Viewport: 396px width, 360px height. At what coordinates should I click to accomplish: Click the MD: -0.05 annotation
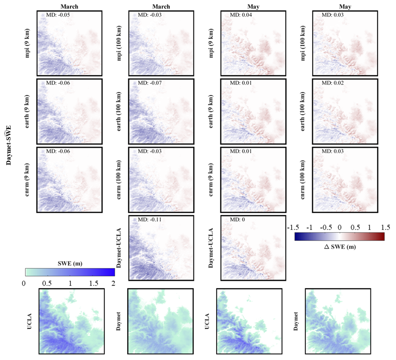[56, 16]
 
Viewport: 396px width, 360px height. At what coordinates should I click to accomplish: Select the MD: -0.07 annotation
[148, 83]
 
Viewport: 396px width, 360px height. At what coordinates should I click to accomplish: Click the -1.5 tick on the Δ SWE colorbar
[292, 228]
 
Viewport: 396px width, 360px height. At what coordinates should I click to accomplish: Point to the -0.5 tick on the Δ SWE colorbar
[325, 228]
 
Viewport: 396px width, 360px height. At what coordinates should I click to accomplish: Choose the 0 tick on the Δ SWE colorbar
[340, 228]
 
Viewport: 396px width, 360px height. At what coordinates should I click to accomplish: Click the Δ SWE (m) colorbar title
[339, 247]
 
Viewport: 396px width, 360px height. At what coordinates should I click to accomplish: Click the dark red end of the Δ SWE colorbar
[382, 237]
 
